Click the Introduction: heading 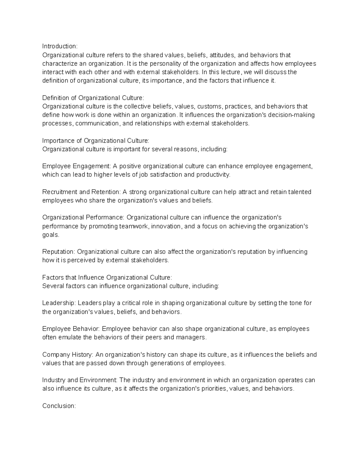click(60, 46)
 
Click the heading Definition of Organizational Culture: click(93, 98)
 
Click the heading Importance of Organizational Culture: click(95, 141)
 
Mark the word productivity click(213, 175)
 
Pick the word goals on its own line click(51, 235)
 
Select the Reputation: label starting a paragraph click(59, 252)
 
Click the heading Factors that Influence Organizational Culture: click(107, 278)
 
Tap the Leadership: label click(59, 303)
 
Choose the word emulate click(70, 337)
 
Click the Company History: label click(68, 355)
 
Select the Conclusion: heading click(59, 406)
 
